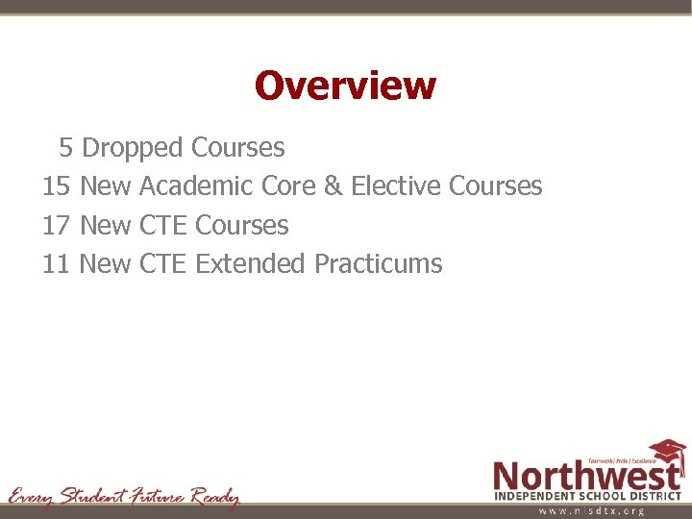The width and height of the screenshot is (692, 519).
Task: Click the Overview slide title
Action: click(x=345, y=86)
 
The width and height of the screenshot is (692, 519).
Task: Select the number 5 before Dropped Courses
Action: click(x=65, y=148)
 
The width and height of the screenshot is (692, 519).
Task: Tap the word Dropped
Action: click(x=132, y=148)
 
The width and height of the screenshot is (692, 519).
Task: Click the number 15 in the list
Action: click(x=57, y=186)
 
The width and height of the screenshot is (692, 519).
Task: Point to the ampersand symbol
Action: click(x=333, y=186)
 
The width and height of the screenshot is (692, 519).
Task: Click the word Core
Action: click(x=288, y=186)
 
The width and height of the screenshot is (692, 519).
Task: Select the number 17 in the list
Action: click(x=57, y=225)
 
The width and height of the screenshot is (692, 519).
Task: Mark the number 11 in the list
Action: click(x=57, y=263)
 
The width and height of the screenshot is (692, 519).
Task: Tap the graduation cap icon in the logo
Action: click(x=667, y=452)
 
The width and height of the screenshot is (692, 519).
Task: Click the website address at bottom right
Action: click(x=590, y=511)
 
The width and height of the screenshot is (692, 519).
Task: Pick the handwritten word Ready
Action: click(x=214, y=497)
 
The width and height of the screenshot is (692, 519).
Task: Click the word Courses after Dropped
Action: click(x=237, y=148)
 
